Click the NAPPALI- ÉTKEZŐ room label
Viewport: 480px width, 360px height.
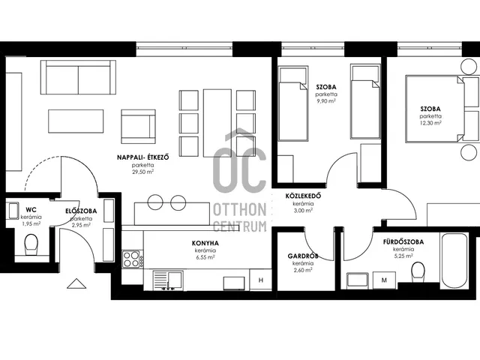pyautogui.click(x=143, y=157)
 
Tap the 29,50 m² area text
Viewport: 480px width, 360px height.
pyautogui.click(x=143, y=172)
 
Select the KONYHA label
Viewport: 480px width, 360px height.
pyautogui.click(x=205, y=243)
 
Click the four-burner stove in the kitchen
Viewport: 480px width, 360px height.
pyautogui.click(x=131, y=259)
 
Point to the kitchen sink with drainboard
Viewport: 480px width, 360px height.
pyautogui.click(x=168, y=280)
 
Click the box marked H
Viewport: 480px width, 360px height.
pyautogui.click(x=261, y=280)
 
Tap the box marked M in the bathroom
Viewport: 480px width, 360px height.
pyautogui.click(x=385, y=280)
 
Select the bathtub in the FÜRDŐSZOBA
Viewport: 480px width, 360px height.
pyautogui.click(x=455, y=261)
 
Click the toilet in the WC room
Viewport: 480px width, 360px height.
pyautogui.click(x=31, y=244)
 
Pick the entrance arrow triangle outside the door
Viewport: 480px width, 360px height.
pyautogui.click(x=76, y=283)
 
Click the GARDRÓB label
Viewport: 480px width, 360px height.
pyautogui.click(x=303, y=256)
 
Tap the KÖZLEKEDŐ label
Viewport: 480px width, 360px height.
pyautogui.click(x=303, y=196)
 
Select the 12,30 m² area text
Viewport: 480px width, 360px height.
pyautogui.click(x=430, y=123)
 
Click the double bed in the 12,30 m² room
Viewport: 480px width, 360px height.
pyautogui.click(x=436, y=109)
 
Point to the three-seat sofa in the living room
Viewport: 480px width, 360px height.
pyautogui.click(x=78, y=77)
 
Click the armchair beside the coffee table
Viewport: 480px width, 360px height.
pyautogui.click(x=138, y=127)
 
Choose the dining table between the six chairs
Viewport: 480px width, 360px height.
pyautogui.click(x=217, y=123)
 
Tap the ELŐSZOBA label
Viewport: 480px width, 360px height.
pyautogui.click(x=81, y=211)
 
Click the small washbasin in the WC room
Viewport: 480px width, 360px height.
pyautogui.click(x=13, y=211)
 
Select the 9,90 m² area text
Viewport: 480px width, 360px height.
pyautogui.click(x=326, y=101)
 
